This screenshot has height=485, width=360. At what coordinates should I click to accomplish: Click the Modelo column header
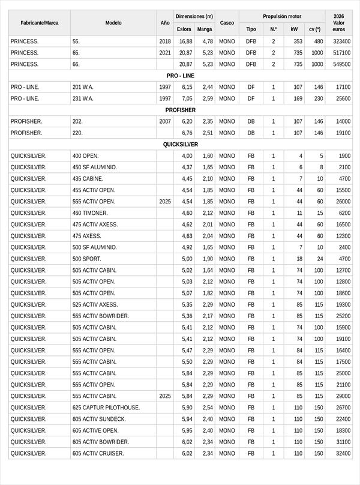point(113,23)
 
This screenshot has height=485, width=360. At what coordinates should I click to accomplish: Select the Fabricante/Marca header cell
point(39,23)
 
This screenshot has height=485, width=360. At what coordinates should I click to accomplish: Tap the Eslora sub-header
point(184,29)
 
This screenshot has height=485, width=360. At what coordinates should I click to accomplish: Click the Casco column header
point(227,23)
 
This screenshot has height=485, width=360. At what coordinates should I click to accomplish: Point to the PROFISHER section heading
point(180,110)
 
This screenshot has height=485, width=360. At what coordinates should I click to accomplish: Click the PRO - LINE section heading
point(180,76)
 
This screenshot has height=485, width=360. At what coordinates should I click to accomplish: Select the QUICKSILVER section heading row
point(180,145)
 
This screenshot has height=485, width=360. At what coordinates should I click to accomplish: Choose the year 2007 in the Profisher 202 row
point(165,121)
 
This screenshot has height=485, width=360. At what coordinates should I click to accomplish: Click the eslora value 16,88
point(186,41)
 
